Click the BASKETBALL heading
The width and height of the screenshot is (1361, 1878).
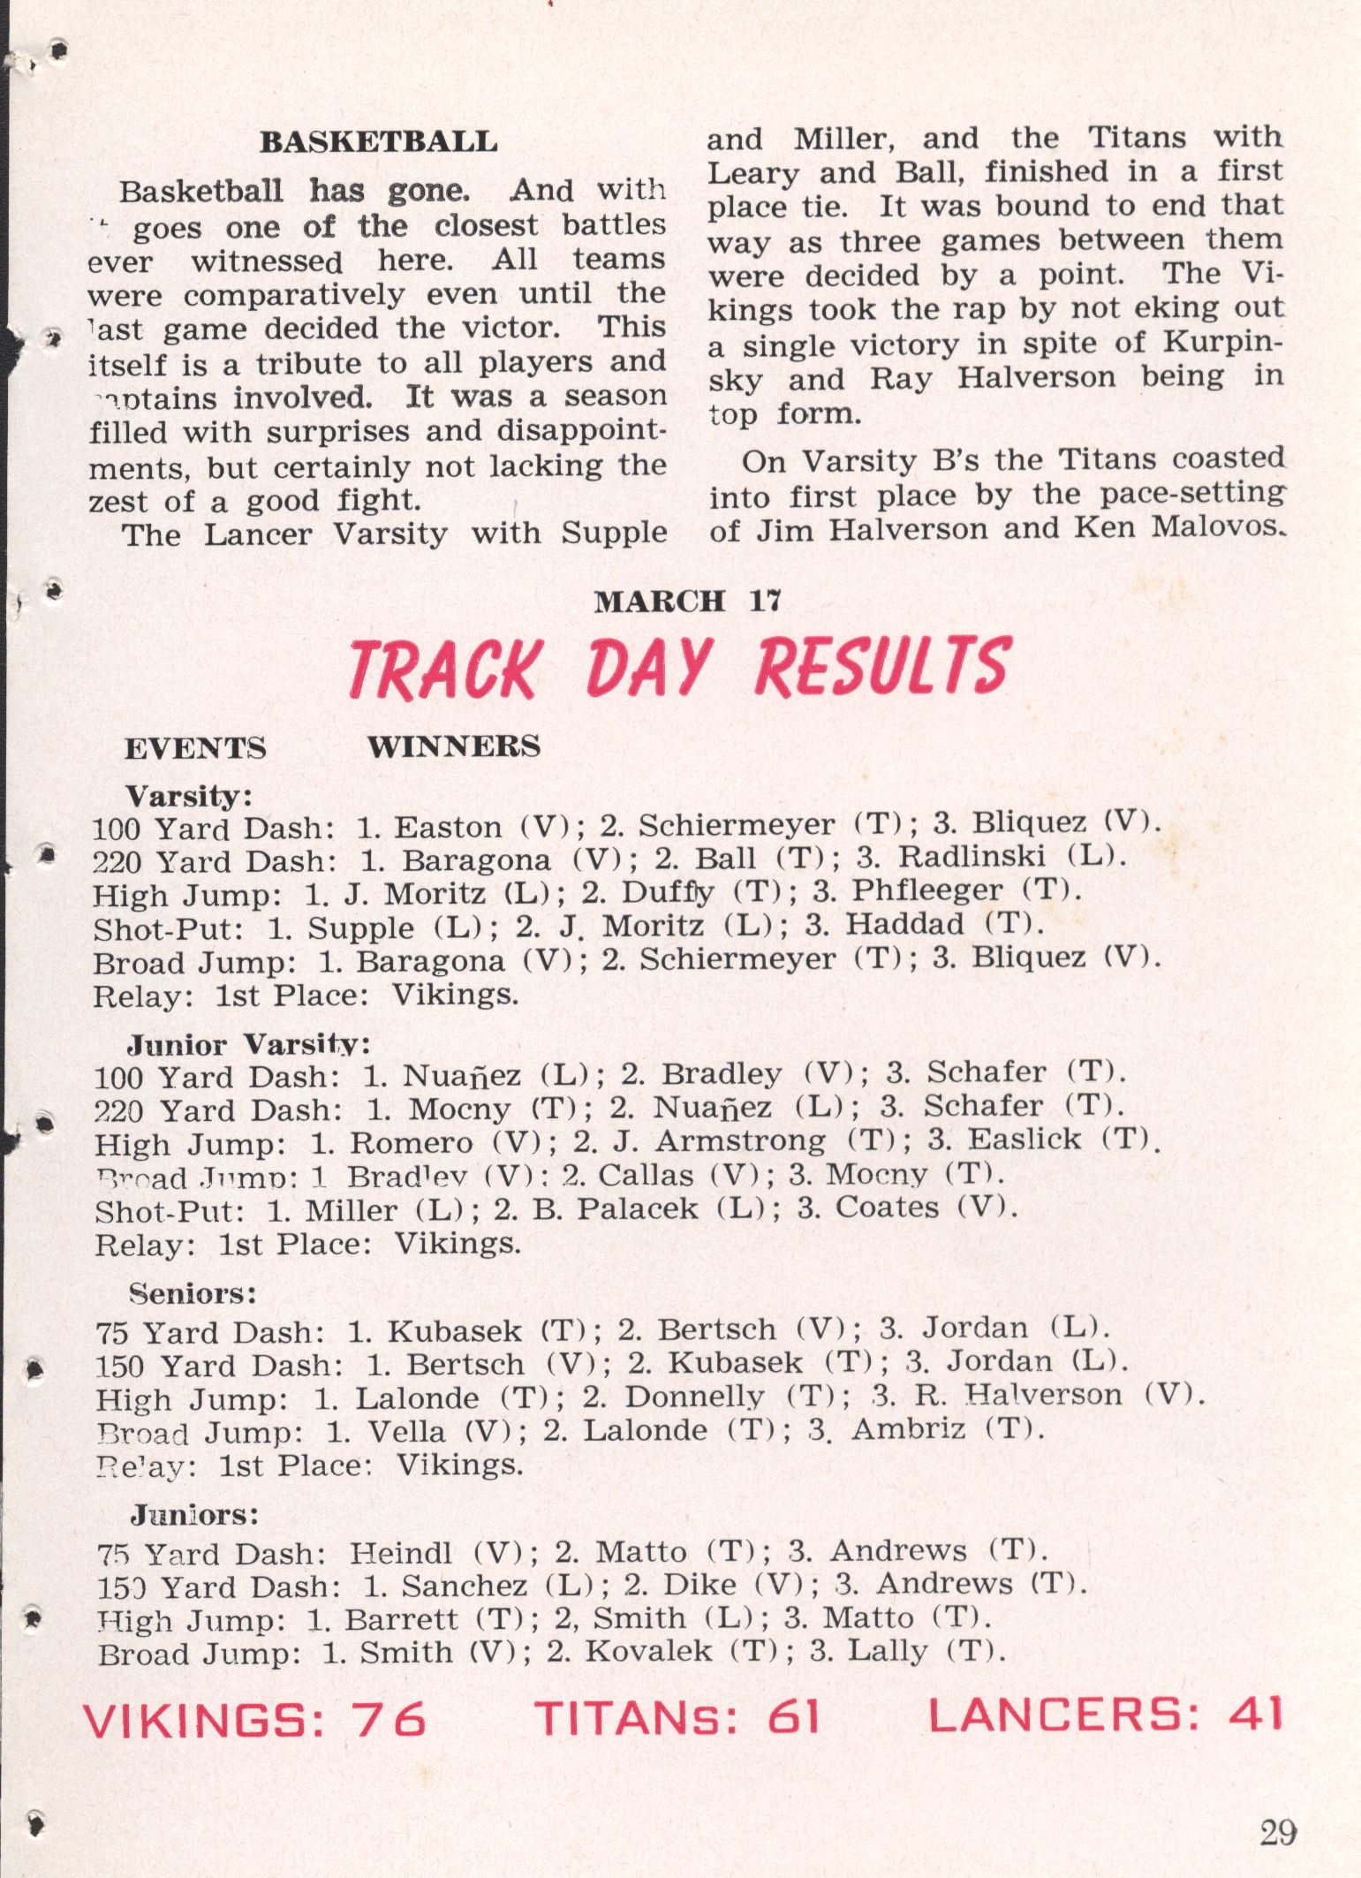pos(378,142)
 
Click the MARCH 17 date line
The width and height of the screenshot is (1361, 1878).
pos(687,602)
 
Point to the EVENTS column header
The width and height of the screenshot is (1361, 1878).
pos(195,749)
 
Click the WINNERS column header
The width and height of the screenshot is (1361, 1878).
pos(454,747)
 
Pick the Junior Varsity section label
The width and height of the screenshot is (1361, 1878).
pos(248,1045)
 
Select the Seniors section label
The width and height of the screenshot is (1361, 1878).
pos(193,1294)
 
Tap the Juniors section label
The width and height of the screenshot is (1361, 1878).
pos(194,1516)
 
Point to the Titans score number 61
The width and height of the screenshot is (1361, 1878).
pos(793,1716)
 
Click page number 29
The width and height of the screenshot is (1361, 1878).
pos(1278,1833)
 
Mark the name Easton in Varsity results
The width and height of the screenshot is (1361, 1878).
pos(448,828)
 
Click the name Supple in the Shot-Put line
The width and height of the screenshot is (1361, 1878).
pos(360,928)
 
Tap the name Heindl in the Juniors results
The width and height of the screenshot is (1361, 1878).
pos(401,1552)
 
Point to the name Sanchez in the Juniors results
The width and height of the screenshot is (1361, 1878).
pos(464,1586)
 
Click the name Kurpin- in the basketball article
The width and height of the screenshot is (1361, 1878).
pos(1222,342)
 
